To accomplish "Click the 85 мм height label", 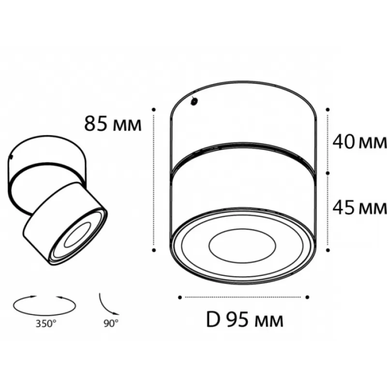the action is tap(113, 124).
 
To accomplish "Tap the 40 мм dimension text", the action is tap(359, 142).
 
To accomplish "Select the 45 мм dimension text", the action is tap(359, 208).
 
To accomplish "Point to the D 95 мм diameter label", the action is tap(245, 320).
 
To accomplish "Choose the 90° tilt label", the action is tap(111, 323).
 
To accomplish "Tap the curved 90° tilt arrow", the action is tap(105, 307).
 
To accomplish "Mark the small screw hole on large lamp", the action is tap(194, 101).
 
